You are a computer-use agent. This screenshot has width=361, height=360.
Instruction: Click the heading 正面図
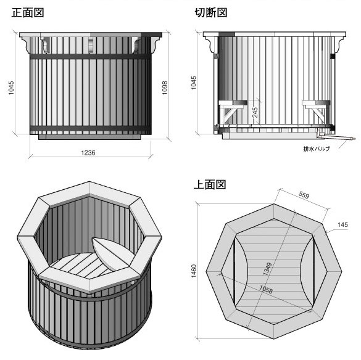[x=28, y=13]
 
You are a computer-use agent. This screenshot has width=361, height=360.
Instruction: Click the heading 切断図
[x=210, y=13]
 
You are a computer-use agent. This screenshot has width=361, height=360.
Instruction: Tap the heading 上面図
[x=210, y=184]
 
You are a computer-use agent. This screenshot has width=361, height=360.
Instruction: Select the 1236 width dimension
[x=88, y=153]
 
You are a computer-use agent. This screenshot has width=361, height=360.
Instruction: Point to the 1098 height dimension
[x=165, y=88]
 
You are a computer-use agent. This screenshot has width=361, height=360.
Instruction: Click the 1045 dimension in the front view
[x=11, y=88]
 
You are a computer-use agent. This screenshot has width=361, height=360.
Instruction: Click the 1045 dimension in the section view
[x=194, y=83]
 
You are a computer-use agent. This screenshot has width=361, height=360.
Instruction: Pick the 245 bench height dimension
[x=255, y=112]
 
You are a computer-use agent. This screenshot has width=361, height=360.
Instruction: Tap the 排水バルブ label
[x=317, y=149]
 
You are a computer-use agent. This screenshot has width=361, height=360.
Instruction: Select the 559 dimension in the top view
[x=304, y=195]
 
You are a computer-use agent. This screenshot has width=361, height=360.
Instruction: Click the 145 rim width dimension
[x=342, y=224]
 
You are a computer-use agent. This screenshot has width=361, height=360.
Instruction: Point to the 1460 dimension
[x=194, y=271]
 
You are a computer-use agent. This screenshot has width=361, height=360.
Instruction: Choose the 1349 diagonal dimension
[x=268, y=269]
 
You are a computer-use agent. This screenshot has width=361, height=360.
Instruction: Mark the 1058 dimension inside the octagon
[x=266, y=289]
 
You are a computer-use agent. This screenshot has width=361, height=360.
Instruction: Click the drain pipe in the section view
[x=338, y=138]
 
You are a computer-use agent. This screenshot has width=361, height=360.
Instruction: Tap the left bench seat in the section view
[x=233, y=103]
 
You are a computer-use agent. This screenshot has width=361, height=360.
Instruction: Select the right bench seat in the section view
[x=316, y=103]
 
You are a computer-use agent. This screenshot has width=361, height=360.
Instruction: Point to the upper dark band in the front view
[x=91, y=57]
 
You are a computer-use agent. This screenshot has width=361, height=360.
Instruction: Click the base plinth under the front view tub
[x=89, y=137]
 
